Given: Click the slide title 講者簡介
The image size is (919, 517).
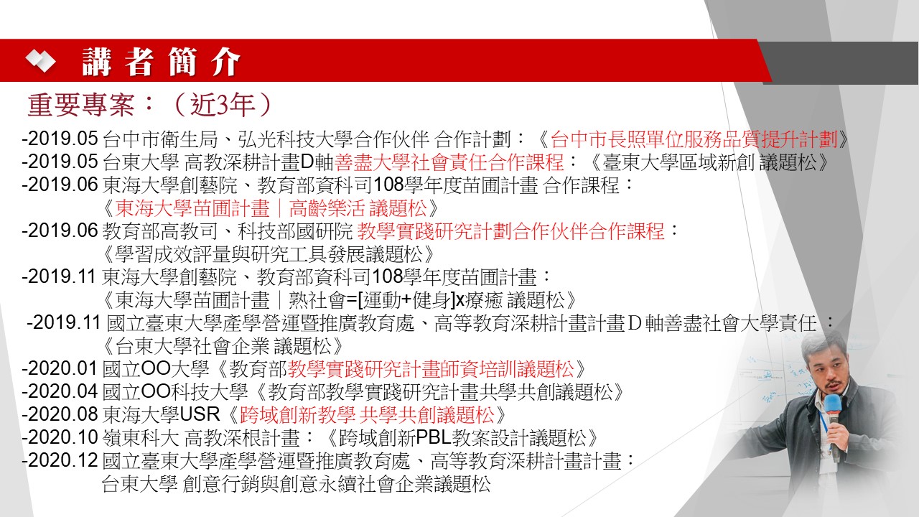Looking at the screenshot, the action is point(161,62).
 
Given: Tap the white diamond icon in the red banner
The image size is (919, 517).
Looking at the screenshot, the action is point(40,61).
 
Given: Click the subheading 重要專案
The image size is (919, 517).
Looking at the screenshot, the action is point(81,105).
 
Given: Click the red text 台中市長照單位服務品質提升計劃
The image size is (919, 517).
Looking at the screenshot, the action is point(694,139).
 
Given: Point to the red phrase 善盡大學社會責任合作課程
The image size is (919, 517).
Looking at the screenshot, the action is point(449,162).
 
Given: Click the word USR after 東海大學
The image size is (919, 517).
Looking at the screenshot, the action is point(200,414).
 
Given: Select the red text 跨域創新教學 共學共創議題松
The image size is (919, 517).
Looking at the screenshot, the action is point(367,415).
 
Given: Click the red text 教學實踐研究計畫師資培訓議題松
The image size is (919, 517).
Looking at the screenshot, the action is point(431,369).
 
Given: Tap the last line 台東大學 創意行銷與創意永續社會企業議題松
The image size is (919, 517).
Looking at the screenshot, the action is point(296,484).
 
